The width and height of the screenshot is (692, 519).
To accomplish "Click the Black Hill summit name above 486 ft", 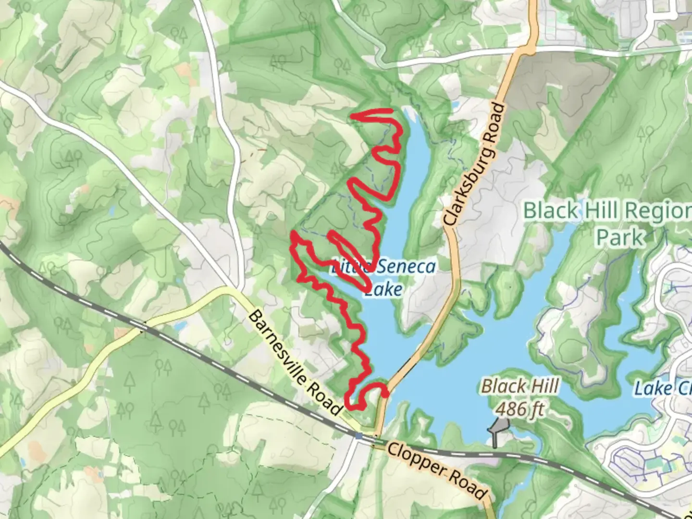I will click(x=520, y=386).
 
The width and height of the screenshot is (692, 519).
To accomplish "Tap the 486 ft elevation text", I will click(x=520, y=409).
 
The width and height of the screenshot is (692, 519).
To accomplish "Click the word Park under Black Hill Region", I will click(x=620, y=237).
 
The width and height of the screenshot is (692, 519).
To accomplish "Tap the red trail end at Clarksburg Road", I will click(x=385, y=394).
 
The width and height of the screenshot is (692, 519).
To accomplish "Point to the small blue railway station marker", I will click(x=359, y=435).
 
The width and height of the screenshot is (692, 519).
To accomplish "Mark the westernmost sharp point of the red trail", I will click(x=292, y=234).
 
